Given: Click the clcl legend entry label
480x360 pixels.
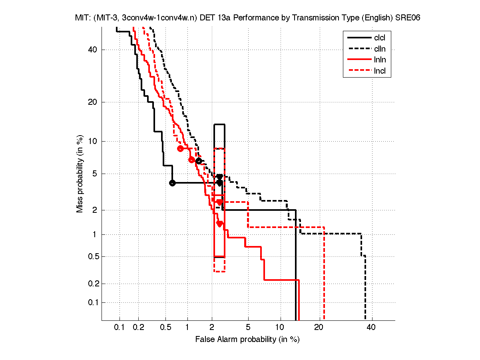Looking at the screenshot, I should tap(380, 38).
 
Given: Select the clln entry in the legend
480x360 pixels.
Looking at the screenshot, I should tap(380, 49).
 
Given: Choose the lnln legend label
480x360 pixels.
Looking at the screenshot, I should tap(380, 60).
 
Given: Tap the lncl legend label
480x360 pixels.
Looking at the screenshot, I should tap(380, 72).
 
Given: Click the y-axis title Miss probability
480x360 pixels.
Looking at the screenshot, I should tap(80, 174).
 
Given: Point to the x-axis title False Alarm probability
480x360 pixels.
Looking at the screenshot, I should tap(247, 340).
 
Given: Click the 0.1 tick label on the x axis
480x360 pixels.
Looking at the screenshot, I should tap(120, 328).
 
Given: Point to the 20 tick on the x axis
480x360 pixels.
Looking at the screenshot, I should tap(319, 328).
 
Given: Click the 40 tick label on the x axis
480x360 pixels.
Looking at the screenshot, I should tap(371, 328).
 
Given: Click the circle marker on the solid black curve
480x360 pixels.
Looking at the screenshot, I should tap(172, 183).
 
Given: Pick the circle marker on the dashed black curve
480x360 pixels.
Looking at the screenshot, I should tap(199, 161).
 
